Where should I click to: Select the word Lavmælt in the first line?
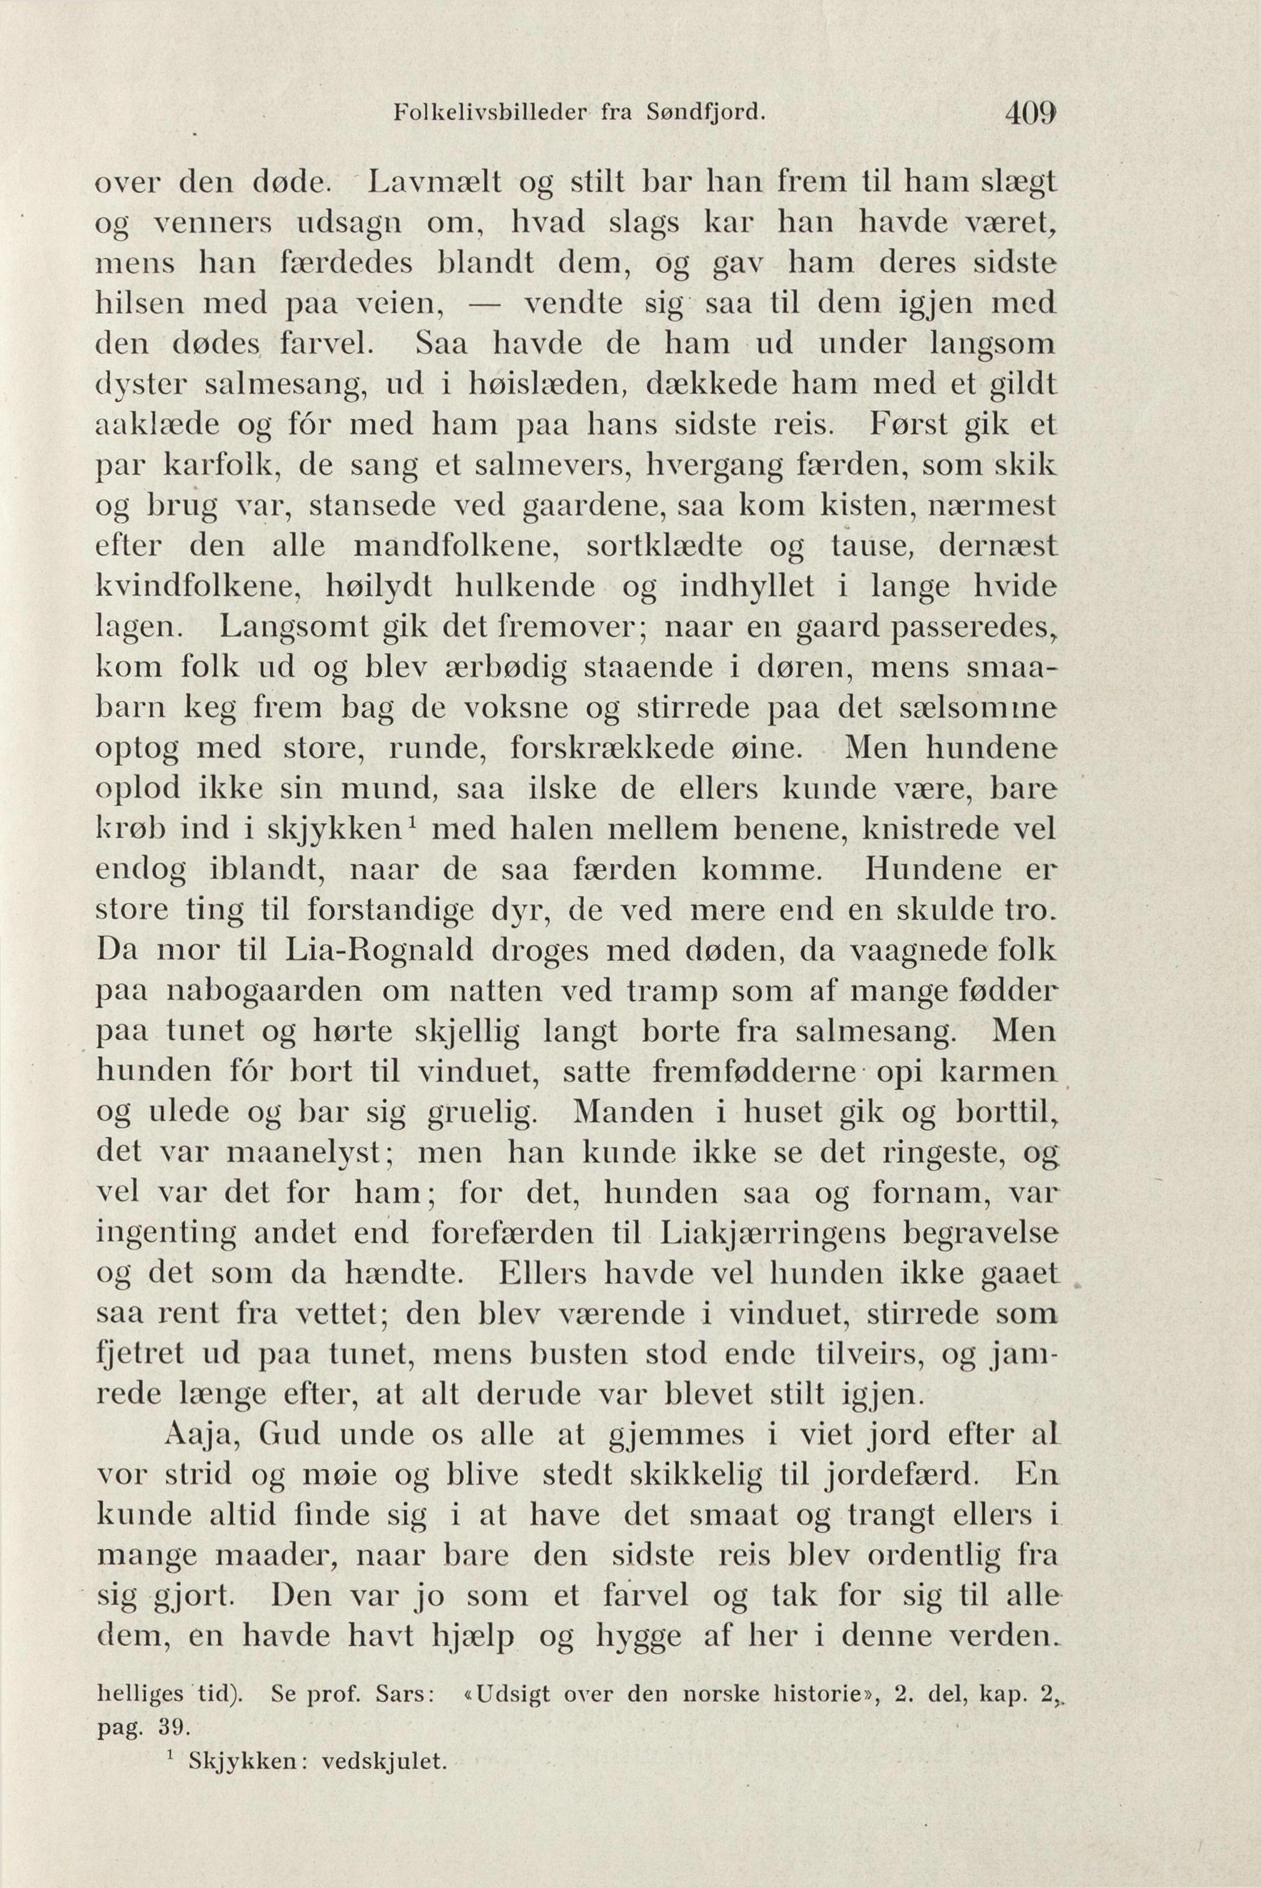(x=434, y=184)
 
